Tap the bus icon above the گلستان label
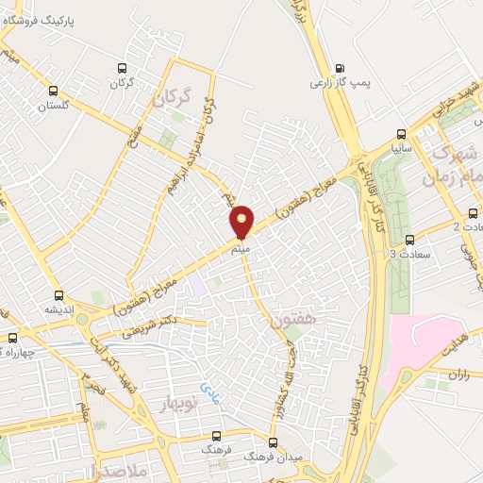point(54,92)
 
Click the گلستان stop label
point(55,107)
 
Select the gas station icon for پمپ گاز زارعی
point(340,67)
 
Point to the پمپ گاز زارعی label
point(338,83)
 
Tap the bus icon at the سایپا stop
point(403,133)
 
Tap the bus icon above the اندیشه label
point(59,294)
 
